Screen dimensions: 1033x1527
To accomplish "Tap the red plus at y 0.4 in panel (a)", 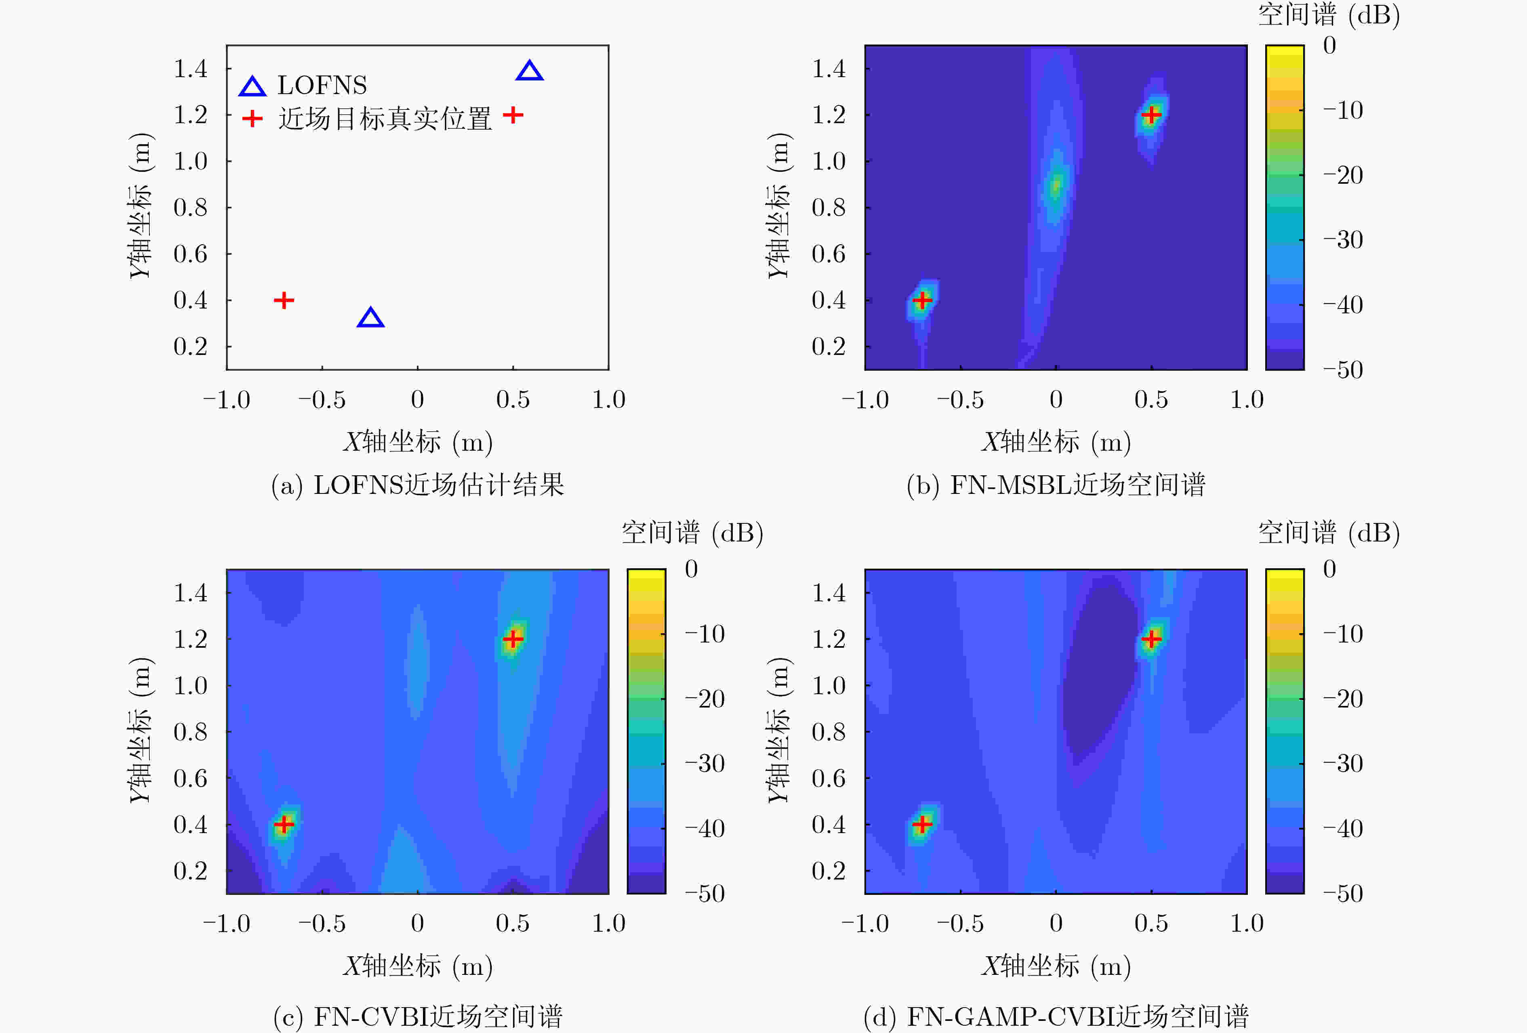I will (x=284, y=300).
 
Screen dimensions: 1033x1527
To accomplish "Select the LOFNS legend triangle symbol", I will (x=252, y=87).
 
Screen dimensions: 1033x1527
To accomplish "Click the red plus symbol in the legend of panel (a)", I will (x=252, y=119).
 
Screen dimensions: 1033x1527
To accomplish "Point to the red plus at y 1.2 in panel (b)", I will (x=1151, y=115).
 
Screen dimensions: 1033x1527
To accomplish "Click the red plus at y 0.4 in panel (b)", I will (x=923, y=300).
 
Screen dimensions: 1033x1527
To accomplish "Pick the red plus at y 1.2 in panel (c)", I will (x=513, y=638).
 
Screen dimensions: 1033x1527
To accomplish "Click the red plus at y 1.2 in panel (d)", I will (x=1151, y=638).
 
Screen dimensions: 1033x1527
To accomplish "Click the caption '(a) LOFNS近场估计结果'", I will (x=418, y=485).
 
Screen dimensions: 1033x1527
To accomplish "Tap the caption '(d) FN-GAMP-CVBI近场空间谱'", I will (x=1056, y=1016).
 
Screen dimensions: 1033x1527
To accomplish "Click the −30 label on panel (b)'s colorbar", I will (x=1343, y=240).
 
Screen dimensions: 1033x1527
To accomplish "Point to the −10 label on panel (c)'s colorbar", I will (x=705, y=634).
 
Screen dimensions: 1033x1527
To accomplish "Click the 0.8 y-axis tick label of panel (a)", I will (x=191, y=208).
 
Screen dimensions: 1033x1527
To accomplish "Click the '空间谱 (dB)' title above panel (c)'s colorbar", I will (x=692, y=533).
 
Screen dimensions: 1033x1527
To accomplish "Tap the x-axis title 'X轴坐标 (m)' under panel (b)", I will (x=1056, y=442).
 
